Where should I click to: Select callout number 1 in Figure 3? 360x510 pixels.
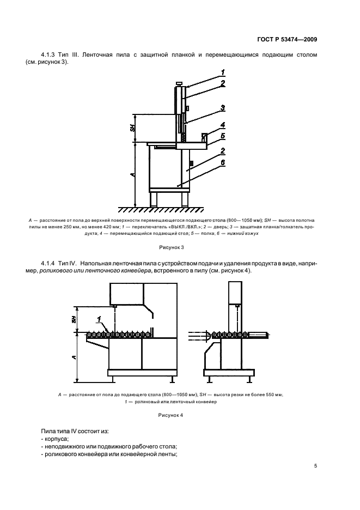[x=223, y=72]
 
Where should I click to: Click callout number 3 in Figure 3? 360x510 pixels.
[x=223, y=107]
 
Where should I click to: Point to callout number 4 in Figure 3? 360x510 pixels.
[x=223, y=125]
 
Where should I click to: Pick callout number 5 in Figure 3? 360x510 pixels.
[x=223, y=136]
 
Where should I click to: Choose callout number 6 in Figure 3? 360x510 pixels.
[x=223, y=162]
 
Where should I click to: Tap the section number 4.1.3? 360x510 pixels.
[x=49, y=56]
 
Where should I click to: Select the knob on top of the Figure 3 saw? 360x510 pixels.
[x=178, y=83]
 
